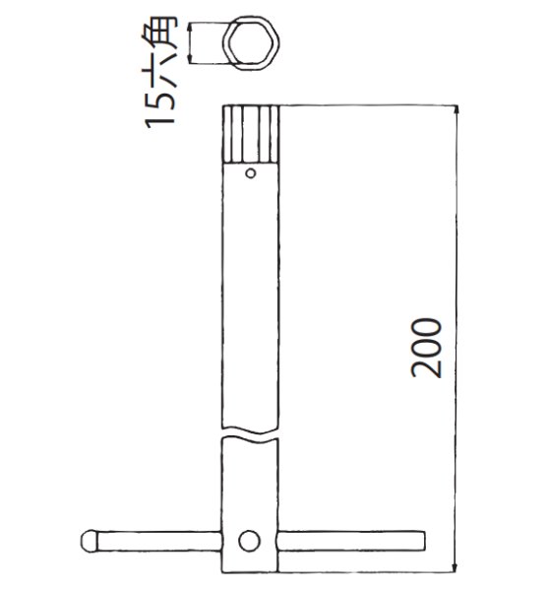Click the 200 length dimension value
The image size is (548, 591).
pos(428,350)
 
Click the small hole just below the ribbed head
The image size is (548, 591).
pos(252,175)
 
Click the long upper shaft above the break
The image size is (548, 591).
pos(253,295)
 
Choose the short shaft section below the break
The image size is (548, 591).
pos(253,483)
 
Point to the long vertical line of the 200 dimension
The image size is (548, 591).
pos(455,246)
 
